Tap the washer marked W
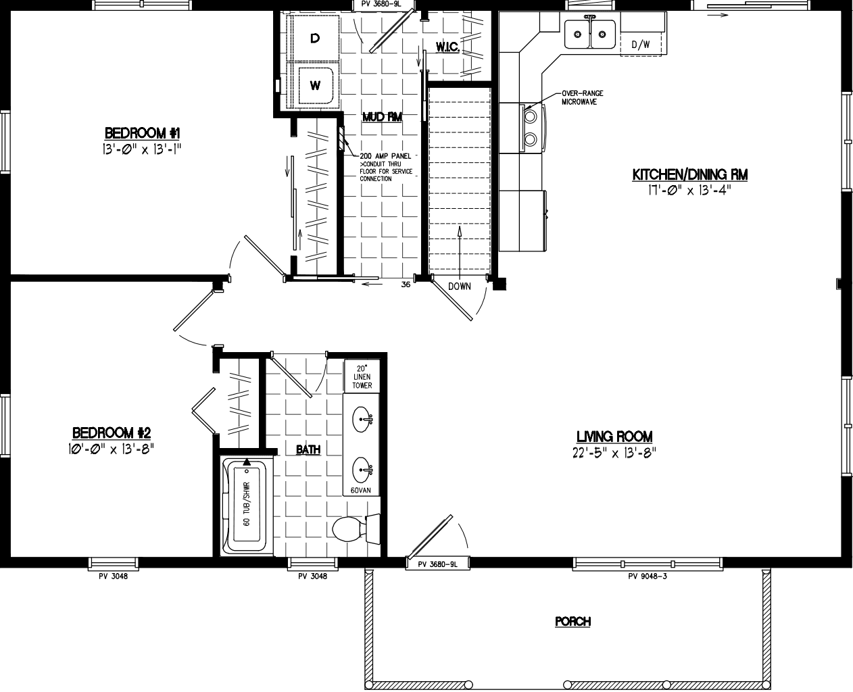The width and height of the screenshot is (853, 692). pos(314,86)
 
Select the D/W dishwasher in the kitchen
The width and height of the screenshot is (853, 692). pos(640,45)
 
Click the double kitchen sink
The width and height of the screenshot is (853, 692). pos(589,33)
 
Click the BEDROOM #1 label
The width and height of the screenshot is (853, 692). pos(141,132)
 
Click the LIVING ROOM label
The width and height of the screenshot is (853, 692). pos(614,437)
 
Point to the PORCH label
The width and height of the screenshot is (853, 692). pos(572,622)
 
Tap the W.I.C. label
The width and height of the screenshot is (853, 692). pos(448,47)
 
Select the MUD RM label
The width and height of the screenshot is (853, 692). pos(382,117)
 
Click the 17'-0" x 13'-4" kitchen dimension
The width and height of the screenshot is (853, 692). pos(689,190)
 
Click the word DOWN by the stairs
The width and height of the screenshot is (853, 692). pos(459,287)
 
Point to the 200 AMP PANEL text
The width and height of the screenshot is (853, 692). pos(385,156)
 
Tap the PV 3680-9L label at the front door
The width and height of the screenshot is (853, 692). pos(438,564)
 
